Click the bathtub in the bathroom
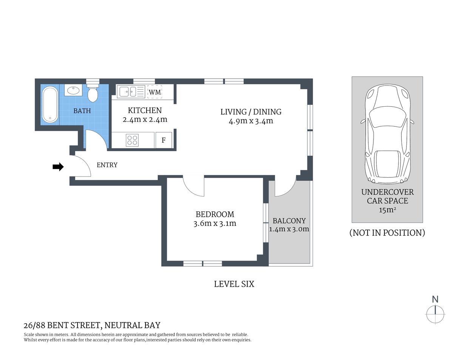click(50, 105)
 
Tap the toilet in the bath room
click(93, 93)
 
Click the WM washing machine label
click(154, 92)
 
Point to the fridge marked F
click(164, 140)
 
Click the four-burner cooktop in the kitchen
click(132, 140)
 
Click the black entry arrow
click(58, 167)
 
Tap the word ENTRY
click(107, 165)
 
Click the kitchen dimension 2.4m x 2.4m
click(145, 120)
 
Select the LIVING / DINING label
click(251, 112)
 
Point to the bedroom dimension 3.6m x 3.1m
click(215, 223)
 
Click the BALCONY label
click(289, 221)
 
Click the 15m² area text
click(387, 210)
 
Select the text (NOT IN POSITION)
click(387, 233)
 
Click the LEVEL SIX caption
click(234, 284)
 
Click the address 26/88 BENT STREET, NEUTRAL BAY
click(92, 325)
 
